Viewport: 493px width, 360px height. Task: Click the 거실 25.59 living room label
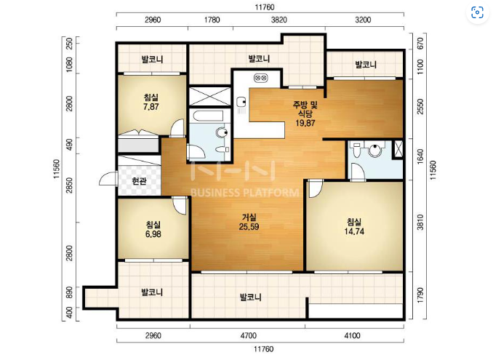249,222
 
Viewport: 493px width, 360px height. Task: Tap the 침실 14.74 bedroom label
354,227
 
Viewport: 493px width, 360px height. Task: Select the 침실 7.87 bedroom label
151,102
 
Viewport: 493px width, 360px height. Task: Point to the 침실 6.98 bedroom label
153,229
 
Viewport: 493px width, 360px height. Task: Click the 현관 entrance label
139,181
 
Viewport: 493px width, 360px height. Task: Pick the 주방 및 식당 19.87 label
305,113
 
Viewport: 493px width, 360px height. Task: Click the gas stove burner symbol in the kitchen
260,77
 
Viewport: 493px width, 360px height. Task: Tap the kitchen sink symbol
241,102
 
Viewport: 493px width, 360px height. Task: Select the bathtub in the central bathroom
208,116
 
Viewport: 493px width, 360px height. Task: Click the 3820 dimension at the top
279,20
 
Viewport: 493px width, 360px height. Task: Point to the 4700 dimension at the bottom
249,336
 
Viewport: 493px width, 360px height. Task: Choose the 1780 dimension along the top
212,20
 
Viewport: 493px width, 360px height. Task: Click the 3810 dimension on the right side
420,223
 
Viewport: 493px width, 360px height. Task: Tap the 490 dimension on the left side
70,144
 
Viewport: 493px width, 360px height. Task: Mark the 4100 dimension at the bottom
352,336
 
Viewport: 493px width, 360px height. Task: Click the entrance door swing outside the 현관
108,178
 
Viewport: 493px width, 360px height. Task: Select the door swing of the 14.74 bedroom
316,188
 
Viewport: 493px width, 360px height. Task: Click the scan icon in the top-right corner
477,13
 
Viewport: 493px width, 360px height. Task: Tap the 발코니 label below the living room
251,297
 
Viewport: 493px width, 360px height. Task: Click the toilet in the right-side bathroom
356,151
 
